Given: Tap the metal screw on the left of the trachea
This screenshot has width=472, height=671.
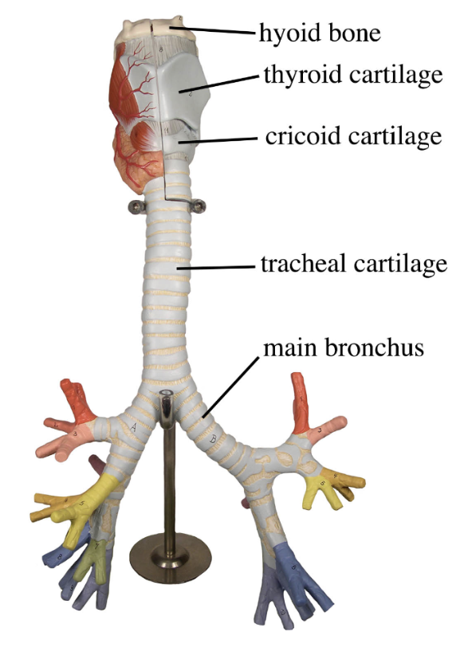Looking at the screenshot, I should [x=134, y=208].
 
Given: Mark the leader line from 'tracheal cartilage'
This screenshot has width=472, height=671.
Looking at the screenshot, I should [x=220, y=268].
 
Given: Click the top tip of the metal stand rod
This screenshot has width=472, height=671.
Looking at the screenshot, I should [x=166, y=396].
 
